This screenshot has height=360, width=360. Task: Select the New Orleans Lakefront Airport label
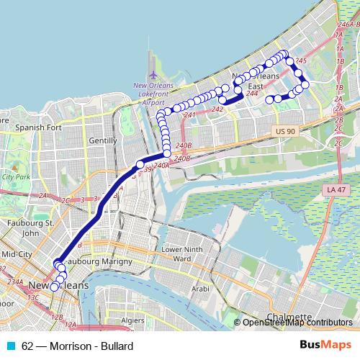(x=153, y=94)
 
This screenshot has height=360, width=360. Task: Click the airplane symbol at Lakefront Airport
(x=153, y=75)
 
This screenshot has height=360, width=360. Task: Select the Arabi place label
(x=201, y=288)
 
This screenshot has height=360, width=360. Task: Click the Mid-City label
(x=17, y=254)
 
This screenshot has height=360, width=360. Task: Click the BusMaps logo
(x=325, y=346)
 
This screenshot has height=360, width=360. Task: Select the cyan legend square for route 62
(x=11, y=346)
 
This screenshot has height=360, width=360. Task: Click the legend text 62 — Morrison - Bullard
(x=77, y=346)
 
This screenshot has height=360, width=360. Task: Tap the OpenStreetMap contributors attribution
(x=297, y=323)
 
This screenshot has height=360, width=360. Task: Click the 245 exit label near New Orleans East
(x=301, y=61)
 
